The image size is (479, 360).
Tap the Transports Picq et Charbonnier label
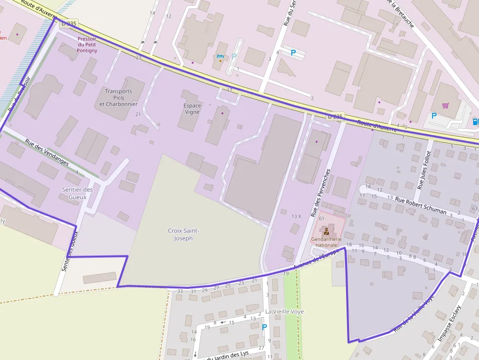click(x=118, y=98)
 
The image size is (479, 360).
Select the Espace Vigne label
click(x=192, y=108)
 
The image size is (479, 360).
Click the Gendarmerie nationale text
click(x=326, y=242)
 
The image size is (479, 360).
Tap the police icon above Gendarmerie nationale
click(x=326, y=231)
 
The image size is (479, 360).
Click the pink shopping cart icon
click(x=445, y=105)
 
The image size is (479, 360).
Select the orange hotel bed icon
click(x=220, y=57)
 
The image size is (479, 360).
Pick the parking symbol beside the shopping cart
click(x=434, y=116)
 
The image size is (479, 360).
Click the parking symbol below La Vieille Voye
click(x=264, y=327)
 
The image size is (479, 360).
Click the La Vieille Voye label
click(x=284, y=311)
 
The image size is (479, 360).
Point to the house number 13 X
click(x=296, y=216)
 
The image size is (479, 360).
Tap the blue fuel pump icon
click(x=475, y=121)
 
